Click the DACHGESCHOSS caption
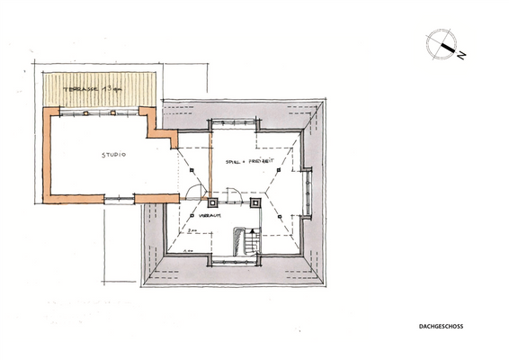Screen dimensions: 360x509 442,327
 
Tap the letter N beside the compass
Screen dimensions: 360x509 460,55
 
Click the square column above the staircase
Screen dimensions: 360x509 254,202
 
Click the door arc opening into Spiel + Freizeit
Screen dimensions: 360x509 232,193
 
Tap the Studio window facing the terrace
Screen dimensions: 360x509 100,112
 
